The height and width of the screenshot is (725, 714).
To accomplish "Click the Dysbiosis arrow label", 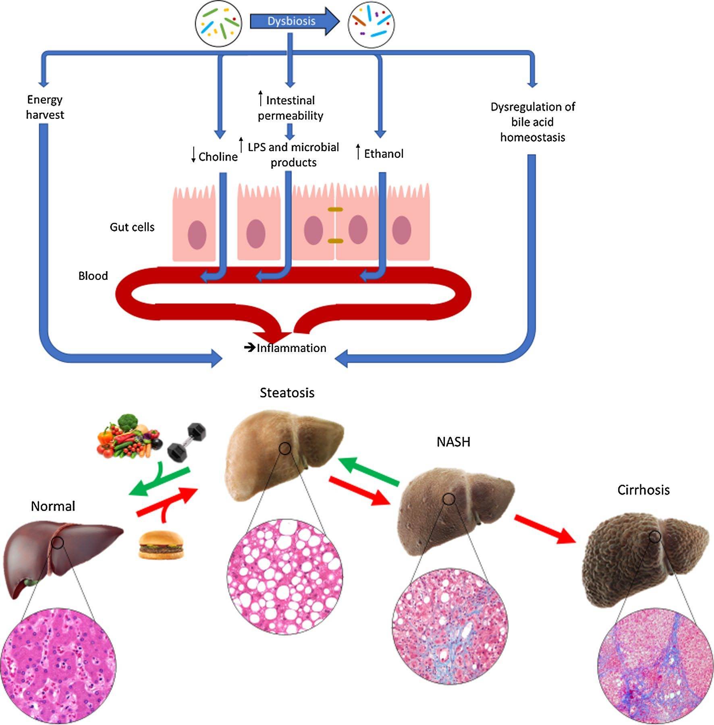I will pyautogui.click(x=291, y=21).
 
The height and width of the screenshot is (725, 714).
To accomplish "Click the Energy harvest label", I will pyautogui.click(x=45, y=107).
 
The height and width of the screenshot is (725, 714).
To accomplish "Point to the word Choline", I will pyautogui.click(x=218, y=157).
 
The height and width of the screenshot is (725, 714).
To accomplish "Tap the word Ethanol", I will pyautogui.click(x=384, y=154).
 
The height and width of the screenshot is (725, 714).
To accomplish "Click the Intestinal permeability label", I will pyautogui.click(x=290, y=108).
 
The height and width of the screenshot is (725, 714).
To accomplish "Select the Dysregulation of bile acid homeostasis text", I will pyautogui.click(x=532, y=122).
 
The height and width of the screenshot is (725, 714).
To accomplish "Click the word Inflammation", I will pyautogui.click(x=291, y=348).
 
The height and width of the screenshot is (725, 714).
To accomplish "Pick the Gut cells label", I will pyautogui.click(x=132, y=227).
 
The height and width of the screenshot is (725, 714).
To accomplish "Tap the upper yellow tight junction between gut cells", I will pyautogui.click(x=335, y=209).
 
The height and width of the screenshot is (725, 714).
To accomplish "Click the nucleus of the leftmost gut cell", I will pyautogui.click(x=197, y=235).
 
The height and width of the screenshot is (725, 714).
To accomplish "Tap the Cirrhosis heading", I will pyautogui.click(x=643, y=490).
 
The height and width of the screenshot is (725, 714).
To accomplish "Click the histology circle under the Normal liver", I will pyautogui.click(x=58, y=665).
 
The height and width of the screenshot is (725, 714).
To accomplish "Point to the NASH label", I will pyautogui.click(x=453, y=442).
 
